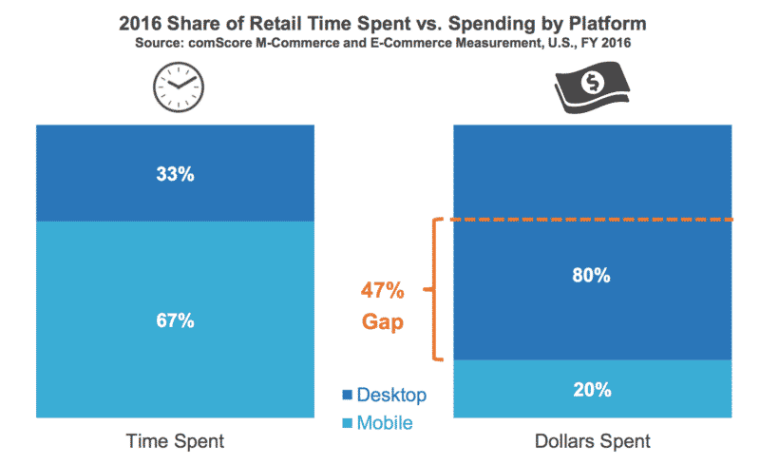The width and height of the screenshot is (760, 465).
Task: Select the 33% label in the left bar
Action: pyautogui.click(x=177, y=175)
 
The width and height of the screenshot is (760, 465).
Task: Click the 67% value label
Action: pyautogui.click(x=177, y=320)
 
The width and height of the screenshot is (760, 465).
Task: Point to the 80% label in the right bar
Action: pyautogui.click(x=592, y=276)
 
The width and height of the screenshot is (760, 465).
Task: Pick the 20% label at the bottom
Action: pyautogui.click(x=592, y=389)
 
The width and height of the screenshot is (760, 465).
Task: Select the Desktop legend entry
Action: pyautogui.click(x=391, y=394)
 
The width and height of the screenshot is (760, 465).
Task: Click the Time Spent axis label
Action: pyautogui.click(x=176, y=441)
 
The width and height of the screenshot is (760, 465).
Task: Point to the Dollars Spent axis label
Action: pyautogui.click(x=593, y=441)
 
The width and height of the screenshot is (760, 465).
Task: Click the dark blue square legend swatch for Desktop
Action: pyautogui.click(x=347, y=395)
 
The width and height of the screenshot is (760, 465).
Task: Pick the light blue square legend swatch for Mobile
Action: pyautogui.click(x=347, y=422)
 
